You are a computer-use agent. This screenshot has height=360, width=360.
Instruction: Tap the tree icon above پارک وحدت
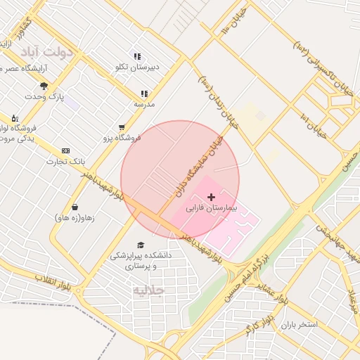pyautogui.click(x=44, y=86)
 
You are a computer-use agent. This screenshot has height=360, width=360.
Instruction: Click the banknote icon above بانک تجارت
pyautogui.click(x=65, y=150)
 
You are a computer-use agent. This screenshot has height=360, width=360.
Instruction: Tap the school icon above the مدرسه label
pyautogui.click(x=144, y=94)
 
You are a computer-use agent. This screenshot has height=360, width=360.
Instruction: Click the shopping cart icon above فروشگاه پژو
pyautogui.click(x=122, y=127)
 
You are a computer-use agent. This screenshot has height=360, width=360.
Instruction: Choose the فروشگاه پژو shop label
pyautogui.click(x=122, y=138)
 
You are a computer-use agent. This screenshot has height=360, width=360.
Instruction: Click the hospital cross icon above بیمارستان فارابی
pyautogui.click(x=212, y=198)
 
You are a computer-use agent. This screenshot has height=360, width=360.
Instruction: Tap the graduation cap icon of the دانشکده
pyautogui.click(x=141, y=245)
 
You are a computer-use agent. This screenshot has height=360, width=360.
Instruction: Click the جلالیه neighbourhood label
pyautogui.click(x=148, y=289)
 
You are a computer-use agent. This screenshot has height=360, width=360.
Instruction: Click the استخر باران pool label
pyautogui.click(x=299, y=324)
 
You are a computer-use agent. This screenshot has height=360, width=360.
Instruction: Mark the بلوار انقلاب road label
pyautogui.click(x=54, y=284)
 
